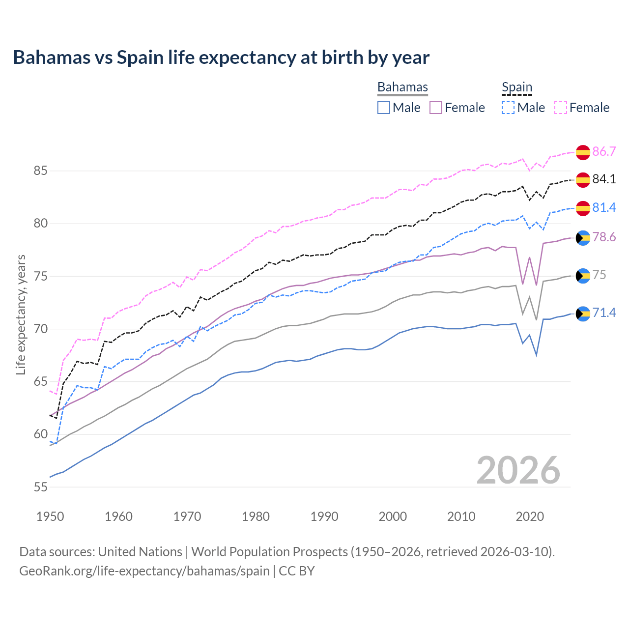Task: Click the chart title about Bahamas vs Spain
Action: coord(221,57)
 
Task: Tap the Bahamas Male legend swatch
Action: coord(384,108)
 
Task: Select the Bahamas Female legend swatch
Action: coord(436,108)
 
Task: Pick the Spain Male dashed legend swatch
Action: coord(508,108)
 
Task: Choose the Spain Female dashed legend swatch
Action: coord(561,108)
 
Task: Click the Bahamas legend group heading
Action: coord(402,87)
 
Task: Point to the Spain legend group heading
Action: coord(517,87)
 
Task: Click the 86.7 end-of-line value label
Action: coord(604,151)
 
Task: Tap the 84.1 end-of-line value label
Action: coord(604,179)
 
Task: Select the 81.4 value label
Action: coord(604,208)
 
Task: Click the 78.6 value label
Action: coord(604,237)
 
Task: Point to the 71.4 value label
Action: coord(604,313)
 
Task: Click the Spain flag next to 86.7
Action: coord(583,152)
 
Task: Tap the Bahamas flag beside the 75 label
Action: coord(583,276)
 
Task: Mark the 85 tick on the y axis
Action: coord(40,171)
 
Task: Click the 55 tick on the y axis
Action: coord(40,487)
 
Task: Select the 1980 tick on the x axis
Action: coord(256,516)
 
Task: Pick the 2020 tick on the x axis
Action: coord(530,516)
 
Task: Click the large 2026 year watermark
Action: coord(518,470)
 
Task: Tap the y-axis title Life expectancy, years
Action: coord(21,314)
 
